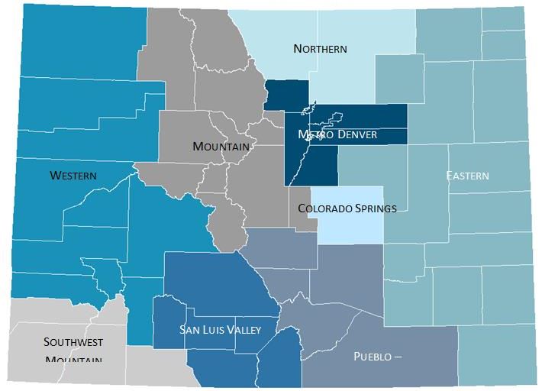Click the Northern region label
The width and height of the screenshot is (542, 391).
point(320,49)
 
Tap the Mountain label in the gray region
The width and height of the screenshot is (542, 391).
point(221,146)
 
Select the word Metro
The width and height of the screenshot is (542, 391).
point(315,135)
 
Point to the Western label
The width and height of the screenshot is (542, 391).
point(73,176)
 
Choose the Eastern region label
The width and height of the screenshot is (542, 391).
point(468,176)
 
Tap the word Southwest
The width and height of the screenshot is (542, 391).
point(73,341)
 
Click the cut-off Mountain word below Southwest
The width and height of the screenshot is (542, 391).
point(74,358)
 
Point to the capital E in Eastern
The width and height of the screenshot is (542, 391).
point(450,176)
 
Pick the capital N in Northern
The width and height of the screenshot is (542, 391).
point(298,49)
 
